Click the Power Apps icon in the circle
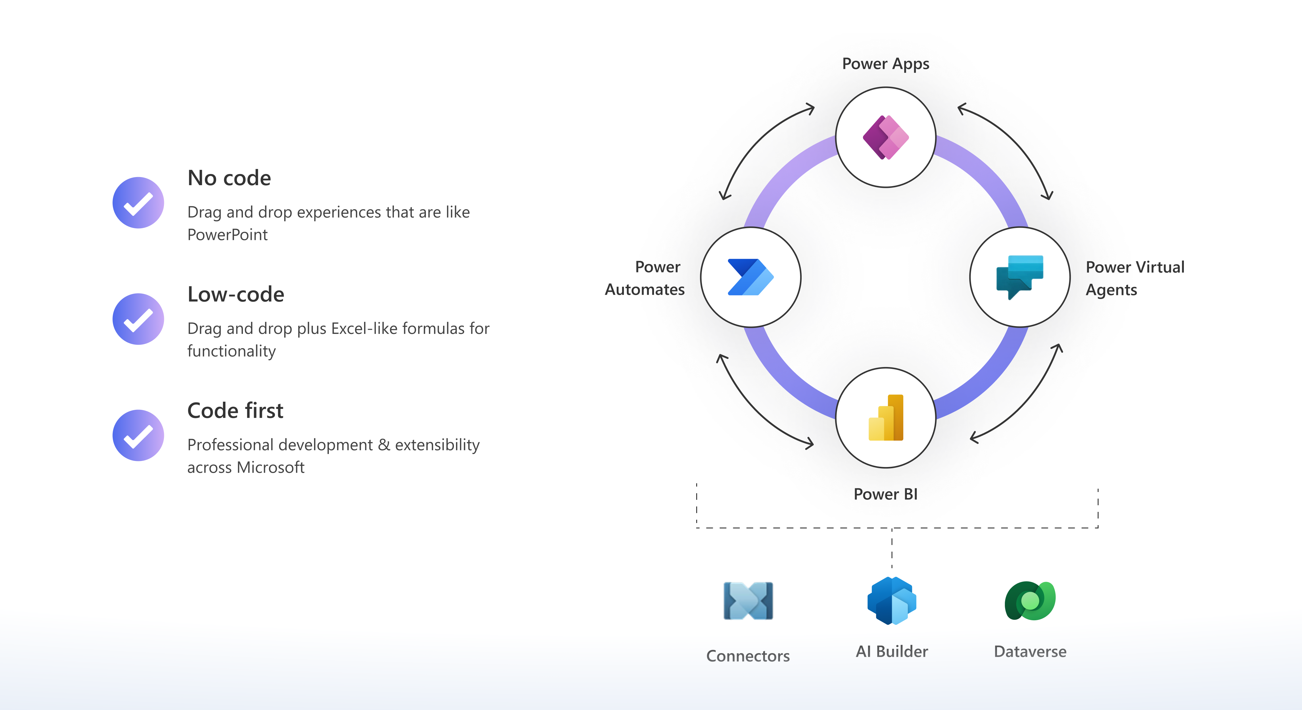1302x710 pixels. pos(885,137)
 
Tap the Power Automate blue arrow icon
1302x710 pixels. pos(750,277)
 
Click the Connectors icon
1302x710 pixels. pos(748,601)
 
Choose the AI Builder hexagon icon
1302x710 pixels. pos(892,601)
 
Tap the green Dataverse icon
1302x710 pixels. pos(1030,601)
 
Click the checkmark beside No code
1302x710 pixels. pos(138,203)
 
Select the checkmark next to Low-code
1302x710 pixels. pos(138,319)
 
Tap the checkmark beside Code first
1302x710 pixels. pos(138,435)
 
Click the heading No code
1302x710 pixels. pos(229,178)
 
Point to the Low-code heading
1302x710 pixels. pos(235,294)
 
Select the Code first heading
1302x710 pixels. pos(235,410)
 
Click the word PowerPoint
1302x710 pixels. pos(228,235)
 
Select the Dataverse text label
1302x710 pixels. pos(1030,651)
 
